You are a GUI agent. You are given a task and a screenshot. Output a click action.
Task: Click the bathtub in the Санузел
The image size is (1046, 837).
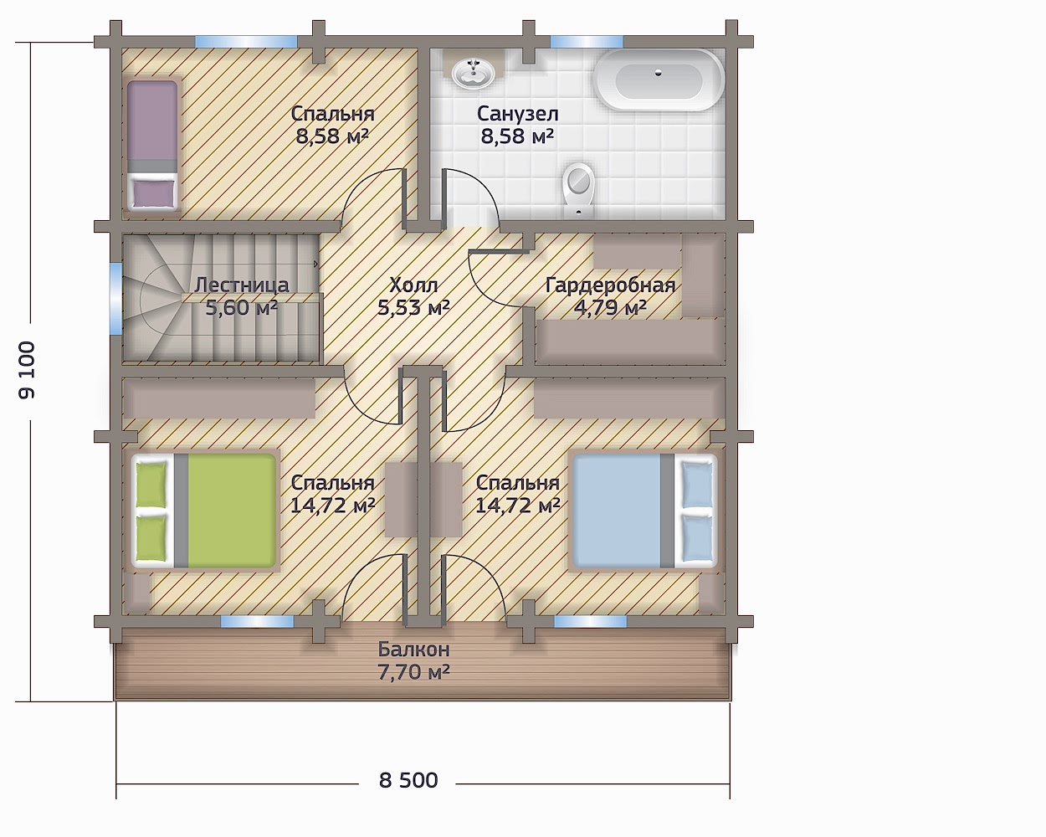coord(659,80)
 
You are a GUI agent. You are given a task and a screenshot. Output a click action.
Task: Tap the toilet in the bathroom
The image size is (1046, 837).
coord(578,191)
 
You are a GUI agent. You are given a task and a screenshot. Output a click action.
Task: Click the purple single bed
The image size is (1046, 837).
coord(152,145)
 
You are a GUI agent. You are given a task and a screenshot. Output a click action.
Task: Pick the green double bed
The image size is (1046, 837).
coord(204,511)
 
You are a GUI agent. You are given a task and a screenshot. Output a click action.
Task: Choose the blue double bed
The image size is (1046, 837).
coord(645,511)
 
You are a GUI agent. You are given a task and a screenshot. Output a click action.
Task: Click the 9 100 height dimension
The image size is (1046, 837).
coord(27,371)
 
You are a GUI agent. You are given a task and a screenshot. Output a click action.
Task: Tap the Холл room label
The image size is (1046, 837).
coord(413,285)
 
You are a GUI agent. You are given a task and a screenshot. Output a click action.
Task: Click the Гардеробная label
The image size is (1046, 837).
coord(611,285)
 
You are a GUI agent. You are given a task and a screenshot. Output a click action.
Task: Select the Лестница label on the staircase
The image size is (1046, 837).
coord(242,285)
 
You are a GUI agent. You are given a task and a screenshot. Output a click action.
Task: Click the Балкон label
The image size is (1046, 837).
coord(413,650)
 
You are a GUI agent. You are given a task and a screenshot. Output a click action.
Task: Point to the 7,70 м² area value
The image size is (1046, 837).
coord(413,672)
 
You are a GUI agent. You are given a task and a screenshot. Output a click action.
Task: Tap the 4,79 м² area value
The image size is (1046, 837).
coord(611,307)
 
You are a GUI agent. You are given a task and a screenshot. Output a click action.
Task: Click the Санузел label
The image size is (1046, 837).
coord(518,114)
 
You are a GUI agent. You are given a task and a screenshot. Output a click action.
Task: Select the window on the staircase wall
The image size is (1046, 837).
coord(115,298)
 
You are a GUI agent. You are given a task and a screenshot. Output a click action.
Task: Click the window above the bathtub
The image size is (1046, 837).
coord(587,42)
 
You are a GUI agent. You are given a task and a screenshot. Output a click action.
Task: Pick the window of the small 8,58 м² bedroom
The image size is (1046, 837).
coord(246,42)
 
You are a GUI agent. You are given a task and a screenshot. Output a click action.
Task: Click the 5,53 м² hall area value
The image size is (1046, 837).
coord(413,307)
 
